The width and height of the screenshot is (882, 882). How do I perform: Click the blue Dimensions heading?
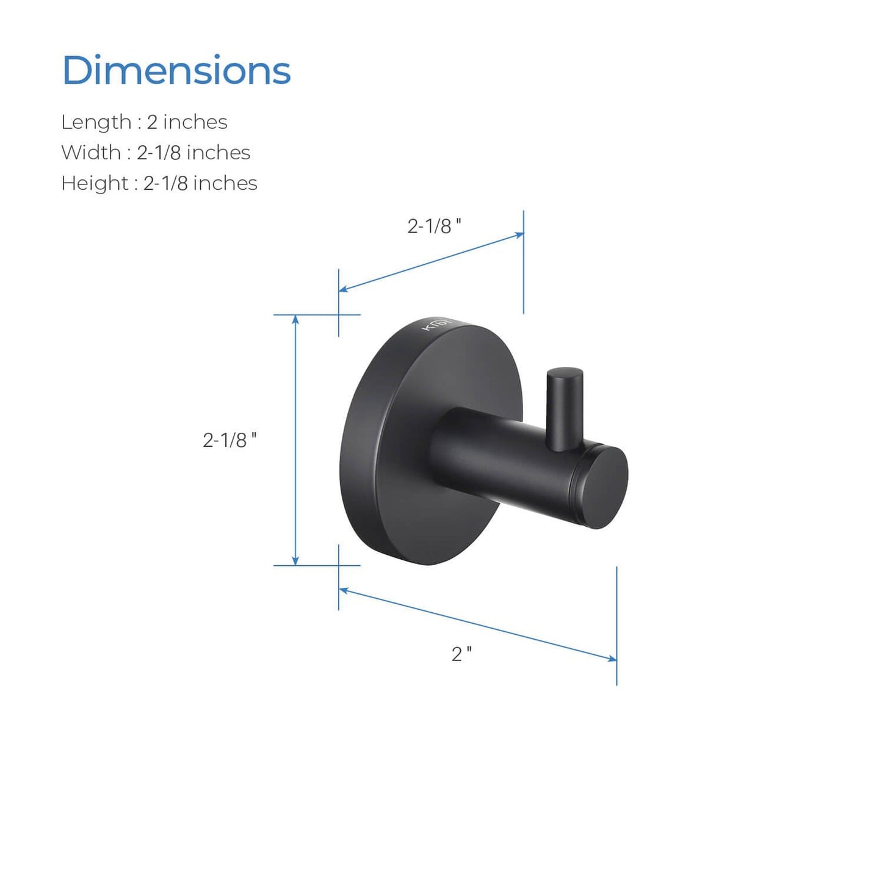point(176,70)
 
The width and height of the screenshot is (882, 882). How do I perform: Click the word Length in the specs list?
point(96,122)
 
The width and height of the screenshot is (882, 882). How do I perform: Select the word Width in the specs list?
point(91,153)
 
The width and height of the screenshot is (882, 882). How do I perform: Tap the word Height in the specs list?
point(95,183)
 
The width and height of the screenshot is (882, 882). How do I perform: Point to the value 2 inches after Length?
point(187,122)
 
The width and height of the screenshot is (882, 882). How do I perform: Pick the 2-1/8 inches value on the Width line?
point(193,153)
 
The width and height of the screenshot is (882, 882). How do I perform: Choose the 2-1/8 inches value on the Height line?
point(200,183)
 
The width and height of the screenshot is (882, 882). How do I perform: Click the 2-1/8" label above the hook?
point(435,226)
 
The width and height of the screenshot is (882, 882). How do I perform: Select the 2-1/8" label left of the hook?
point(230,440)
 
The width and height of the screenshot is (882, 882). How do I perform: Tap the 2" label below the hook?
point(461,654)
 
